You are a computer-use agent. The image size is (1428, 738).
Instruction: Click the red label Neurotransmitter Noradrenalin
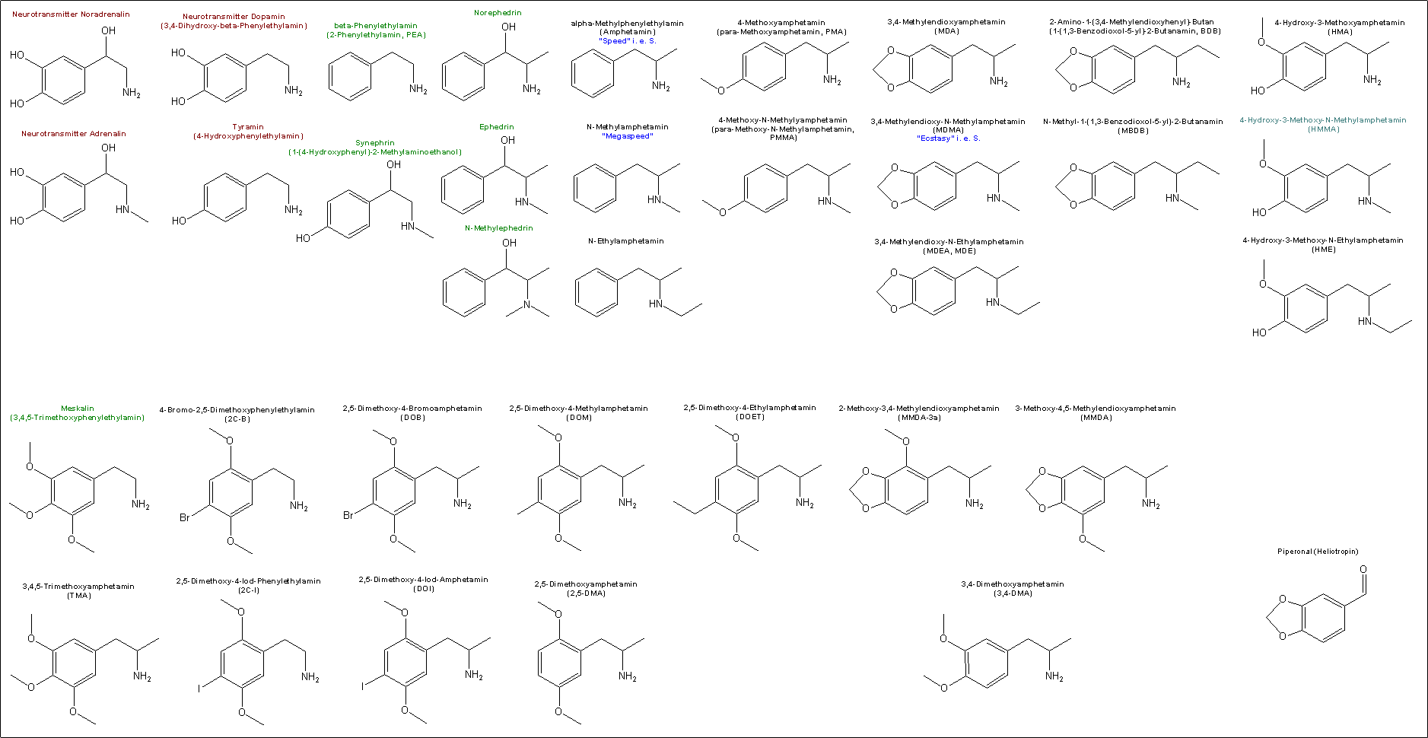[71, 14]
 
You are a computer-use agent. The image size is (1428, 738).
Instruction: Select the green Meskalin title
[78, 409]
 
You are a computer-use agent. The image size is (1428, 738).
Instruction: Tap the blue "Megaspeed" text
[628, 136]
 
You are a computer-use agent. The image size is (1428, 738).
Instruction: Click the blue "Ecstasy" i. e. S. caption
[949, 138]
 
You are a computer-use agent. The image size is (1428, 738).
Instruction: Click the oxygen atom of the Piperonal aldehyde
[1363, 569]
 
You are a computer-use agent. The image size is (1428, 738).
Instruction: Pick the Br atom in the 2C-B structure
[185, 517]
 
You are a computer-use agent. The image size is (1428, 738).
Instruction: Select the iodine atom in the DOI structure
[363, 686]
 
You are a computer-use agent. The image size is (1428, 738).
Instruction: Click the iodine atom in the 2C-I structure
[200, 688]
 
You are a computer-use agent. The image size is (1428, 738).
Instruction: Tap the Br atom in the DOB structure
[348, 515]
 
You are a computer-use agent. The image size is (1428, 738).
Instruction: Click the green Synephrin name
[375, 143]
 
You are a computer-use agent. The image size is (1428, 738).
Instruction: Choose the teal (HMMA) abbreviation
[1324, 129]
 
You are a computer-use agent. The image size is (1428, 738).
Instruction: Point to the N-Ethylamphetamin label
[626, 241]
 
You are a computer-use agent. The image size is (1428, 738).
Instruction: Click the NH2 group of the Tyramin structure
[294, 211]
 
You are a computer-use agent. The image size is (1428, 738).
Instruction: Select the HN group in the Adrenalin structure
[122, 209]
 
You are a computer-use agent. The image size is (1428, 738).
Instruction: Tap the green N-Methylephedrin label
[499, 228]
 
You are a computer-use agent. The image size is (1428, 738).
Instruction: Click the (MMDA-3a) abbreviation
[919, 418]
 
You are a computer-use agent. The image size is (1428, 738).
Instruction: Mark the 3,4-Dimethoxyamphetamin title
[1013, 584]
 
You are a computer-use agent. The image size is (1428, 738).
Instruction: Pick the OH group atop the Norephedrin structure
[509, 27]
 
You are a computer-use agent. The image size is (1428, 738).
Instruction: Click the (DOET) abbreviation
[749, 417]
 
